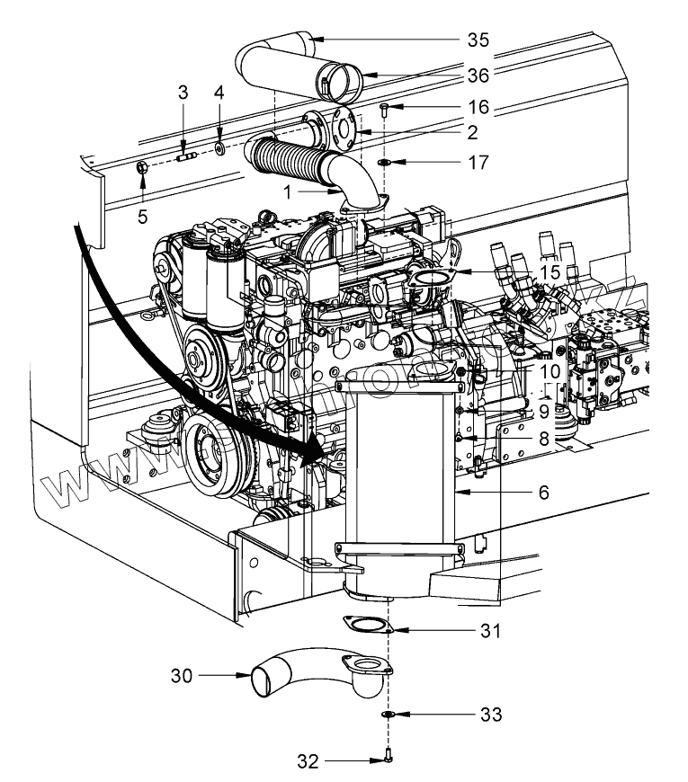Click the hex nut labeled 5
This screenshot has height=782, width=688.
(x=143, y=167)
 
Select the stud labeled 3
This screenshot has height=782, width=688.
(x=186, y=158)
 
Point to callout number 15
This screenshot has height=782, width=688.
(x=550, y=271)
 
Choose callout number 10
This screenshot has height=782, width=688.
(x=550, y=369)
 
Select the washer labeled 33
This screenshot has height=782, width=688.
(x=387, y=715)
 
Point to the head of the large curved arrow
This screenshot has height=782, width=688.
(x=320, y=455)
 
